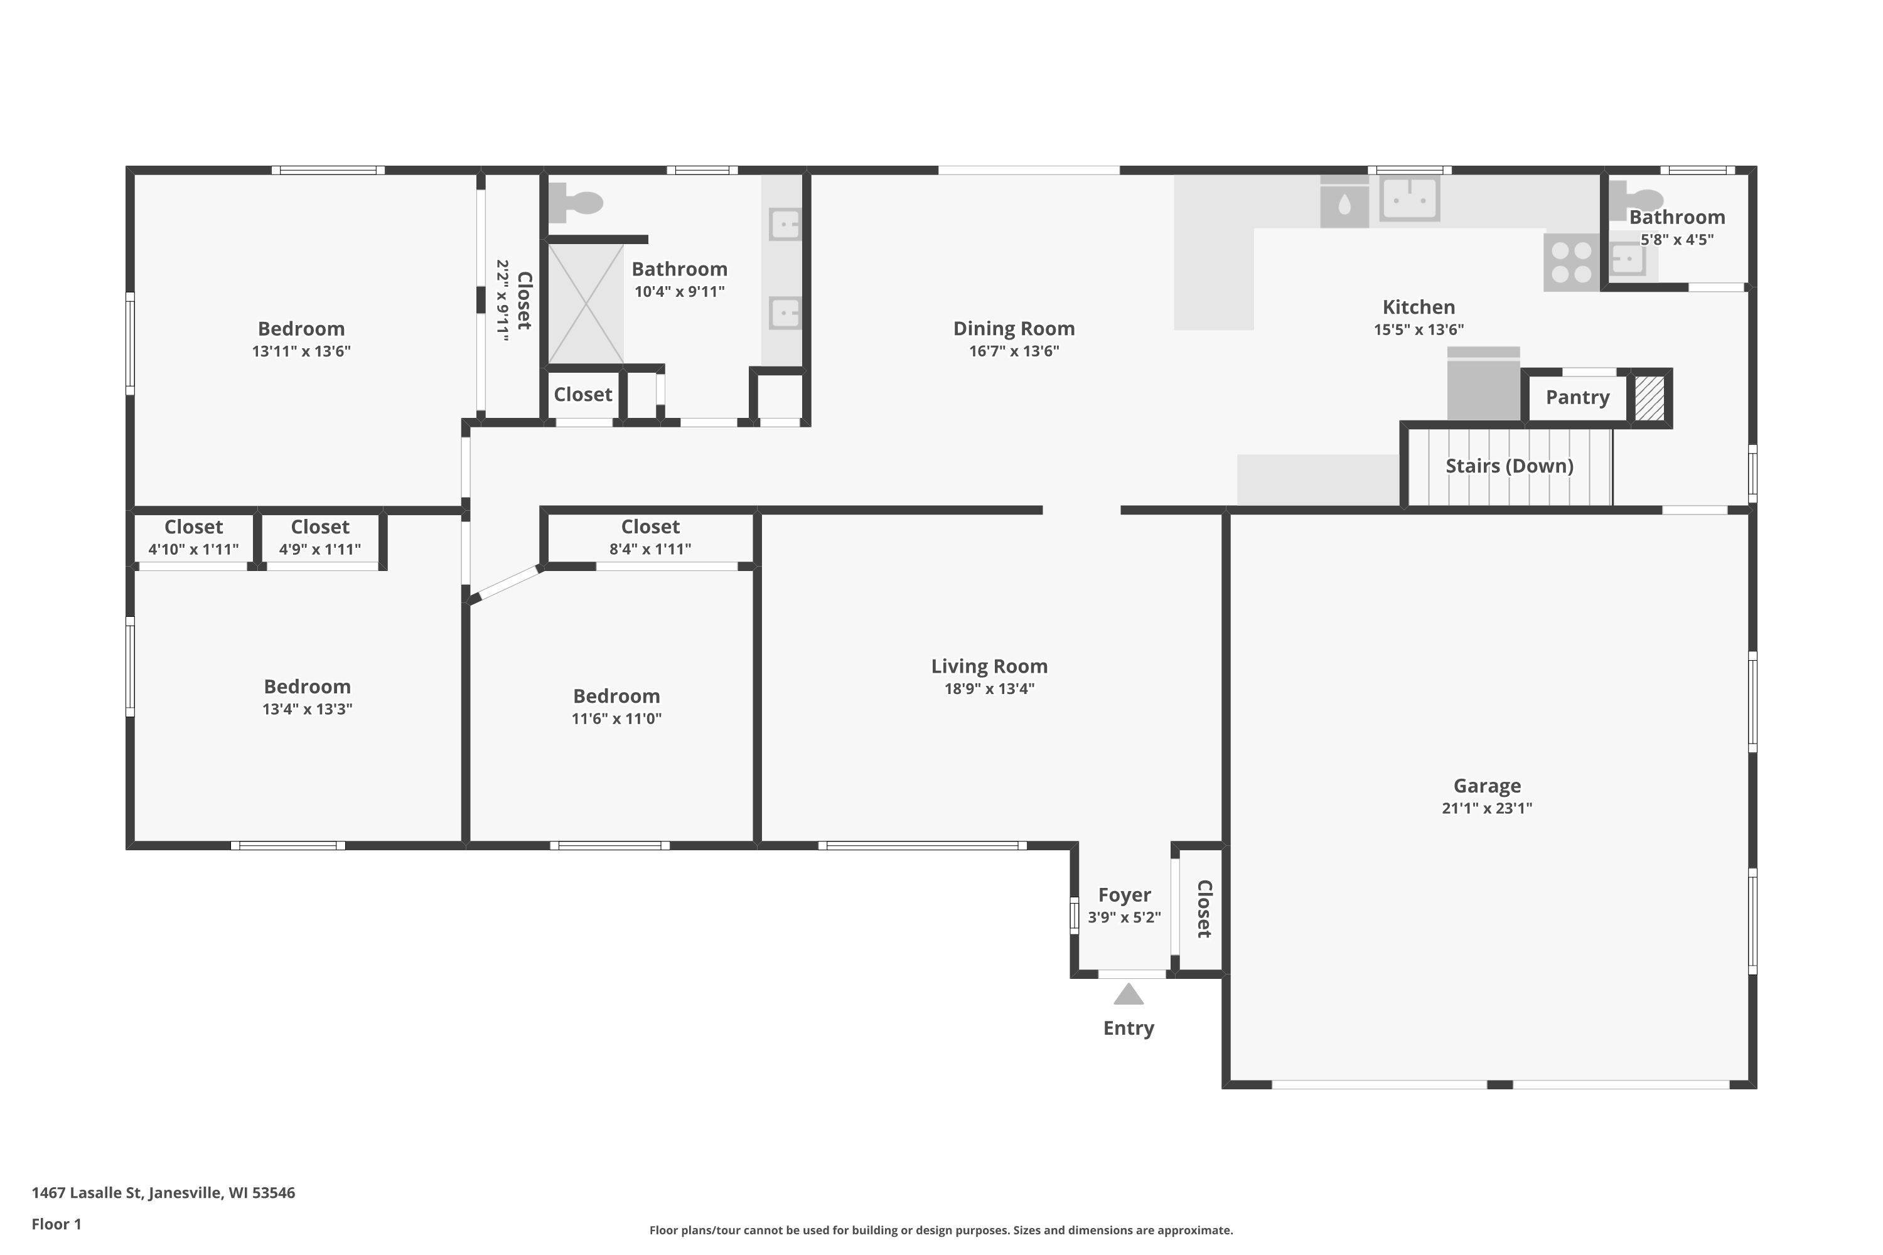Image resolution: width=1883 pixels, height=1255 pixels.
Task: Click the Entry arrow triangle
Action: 1128,994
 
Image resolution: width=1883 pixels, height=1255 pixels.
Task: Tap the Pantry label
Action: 1577,398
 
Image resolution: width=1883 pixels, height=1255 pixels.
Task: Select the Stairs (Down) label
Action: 1509,466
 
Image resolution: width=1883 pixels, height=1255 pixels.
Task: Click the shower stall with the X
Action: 586,304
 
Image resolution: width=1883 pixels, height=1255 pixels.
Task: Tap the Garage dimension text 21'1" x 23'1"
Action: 1487,808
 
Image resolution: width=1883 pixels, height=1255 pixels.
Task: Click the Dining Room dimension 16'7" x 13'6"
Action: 1014,351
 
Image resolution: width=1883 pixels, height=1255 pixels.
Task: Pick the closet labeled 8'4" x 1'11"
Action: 650,538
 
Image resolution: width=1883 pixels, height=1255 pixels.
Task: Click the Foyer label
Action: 1124,895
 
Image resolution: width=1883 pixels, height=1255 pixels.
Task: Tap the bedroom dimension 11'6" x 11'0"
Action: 616,718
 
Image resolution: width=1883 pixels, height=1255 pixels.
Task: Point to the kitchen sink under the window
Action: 1410,198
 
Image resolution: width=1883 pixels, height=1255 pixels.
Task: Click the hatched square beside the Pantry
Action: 1650,398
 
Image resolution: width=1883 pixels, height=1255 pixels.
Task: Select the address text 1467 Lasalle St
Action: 87,1193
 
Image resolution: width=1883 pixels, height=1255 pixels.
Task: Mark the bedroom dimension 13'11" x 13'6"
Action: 301,351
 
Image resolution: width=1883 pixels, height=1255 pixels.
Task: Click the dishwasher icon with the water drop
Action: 1344,201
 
